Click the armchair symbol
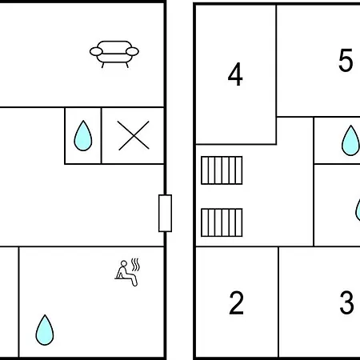point(114,54)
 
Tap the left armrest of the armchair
point(96,51)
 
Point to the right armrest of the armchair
point(132,51)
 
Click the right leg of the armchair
point(127,65)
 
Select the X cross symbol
point(134,135)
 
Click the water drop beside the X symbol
point(83,136)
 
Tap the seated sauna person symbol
point(127,273)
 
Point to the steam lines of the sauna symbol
point(136,265)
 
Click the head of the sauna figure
point(124,263)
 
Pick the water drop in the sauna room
point(45,330)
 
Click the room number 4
point(235,74)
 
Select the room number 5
point(346,60)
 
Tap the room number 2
point(236,303)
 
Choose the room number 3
point(346,303)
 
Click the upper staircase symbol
point(222,170)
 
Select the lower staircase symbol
point(222,222)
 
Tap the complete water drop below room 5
point(350,141)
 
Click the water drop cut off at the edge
point(358,210)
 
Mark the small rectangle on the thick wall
point(165,214)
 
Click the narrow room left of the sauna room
point(9,302)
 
